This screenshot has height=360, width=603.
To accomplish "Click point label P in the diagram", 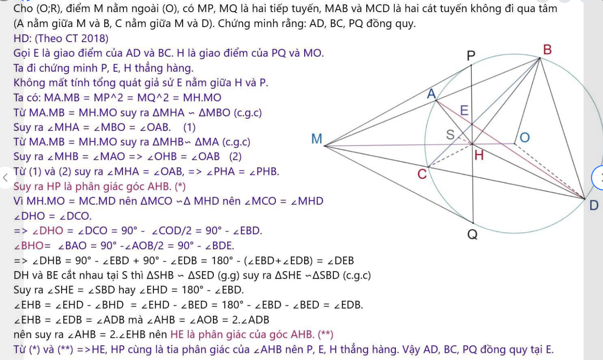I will click(471, 55).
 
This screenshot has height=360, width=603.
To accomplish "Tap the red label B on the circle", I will click(548, 50).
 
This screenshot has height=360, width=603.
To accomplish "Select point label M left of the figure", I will click(317, 139).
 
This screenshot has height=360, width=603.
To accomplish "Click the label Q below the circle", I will click(472, 235).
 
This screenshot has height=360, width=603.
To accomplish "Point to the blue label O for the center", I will click(525, 137).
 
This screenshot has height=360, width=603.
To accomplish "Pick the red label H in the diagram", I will click(479, 156).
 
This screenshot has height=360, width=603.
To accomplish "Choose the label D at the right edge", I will click(594, 205).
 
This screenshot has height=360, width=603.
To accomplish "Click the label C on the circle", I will click(422, 174).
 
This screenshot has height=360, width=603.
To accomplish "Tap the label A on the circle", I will click(431, 94).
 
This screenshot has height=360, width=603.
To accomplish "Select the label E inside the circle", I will click(464, 111).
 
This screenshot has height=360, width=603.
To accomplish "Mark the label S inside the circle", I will click(450, 135).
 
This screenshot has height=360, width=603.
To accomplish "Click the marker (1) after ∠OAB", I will click(189, 127).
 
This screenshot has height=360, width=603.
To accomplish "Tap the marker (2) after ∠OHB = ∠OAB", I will click(235, 157).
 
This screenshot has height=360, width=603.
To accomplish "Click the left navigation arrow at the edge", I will click(5, 177).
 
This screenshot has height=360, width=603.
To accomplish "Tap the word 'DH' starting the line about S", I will click(21, 275).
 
